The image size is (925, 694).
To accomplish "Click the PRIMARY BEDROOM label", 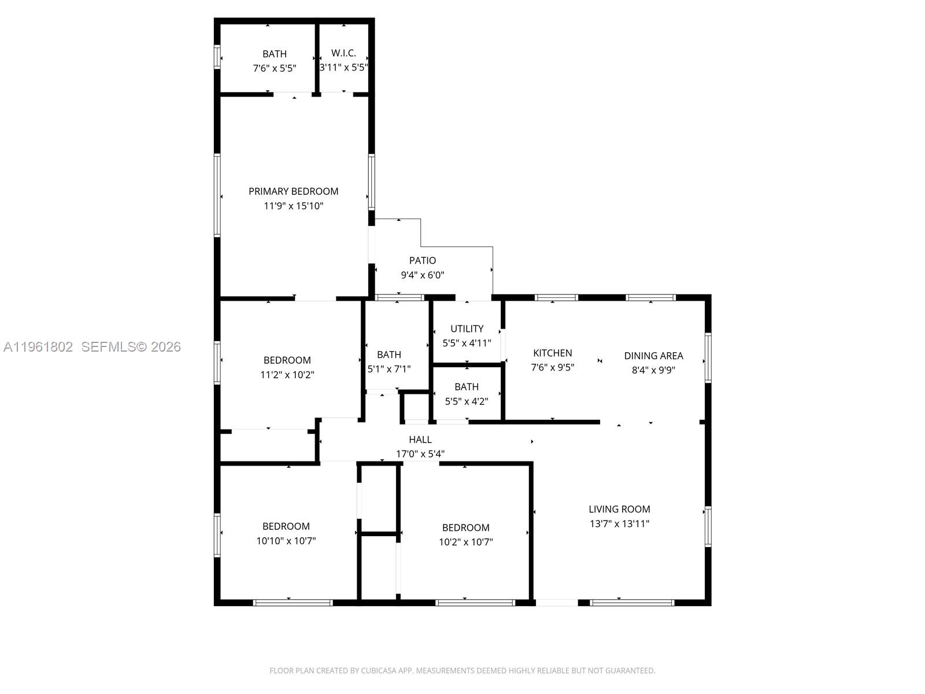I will tap(293, 191).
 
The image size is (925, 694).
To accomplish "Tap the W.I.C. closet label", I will tap(343, 53).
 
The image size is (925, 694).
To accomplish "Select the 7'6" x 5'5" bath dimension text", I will tap(274, 68).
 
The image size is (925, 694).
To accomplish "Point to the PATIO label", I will tap(423, 261).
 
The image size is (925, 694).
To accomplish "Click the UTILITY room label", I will tap(467, 328).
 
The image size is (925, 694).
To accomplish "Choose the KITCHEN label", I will tap(552, 353).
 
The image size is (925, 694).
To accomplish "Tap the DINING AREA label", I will tap(653, 356).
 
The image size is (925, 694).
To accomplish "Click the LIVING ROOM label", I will tap(619, 510).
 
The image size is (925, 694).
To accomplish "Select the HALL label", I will tap(420, 440).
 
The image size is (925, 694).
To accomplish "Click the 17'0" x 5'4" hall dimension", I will tap(420, 454).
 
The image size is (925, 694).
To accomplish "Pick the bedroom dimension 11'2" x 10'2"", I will tap(287, 375).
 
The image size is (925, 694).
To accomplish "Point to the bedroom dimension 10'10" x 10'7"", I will tap(286, 541).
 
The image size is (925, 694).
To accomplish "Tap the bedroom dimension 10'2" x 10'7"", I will tap(465, 542).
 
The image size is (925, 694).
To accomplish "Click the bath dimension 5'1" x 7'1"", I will tap(389, 368).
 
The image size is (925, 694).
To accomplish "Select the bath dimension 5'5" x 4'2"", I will tap(466, 401).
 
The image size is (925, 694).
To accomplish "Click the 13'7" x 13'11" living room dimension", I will tap(619, 524).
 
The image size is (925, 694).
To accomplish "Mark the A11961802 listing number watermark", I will tap(38, 347).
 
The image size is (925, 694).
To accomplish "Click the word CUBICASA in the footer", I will tap(379, 671).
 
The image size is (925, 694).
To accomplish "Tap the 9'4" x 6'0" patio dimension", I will tap(423, 275).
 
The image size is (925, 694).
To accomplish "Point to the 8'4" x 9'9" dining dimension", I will tap(653, 370).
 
